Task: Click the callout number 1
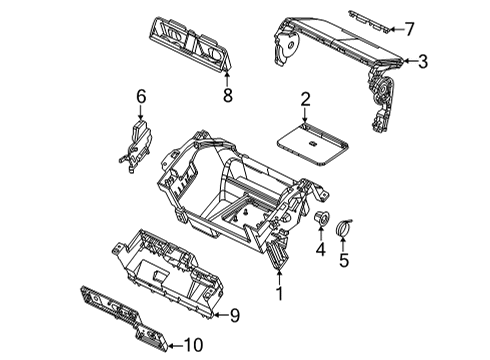[281, 293]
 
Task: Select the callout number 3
[423, 62]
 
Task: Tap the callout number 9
[235, 316]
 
